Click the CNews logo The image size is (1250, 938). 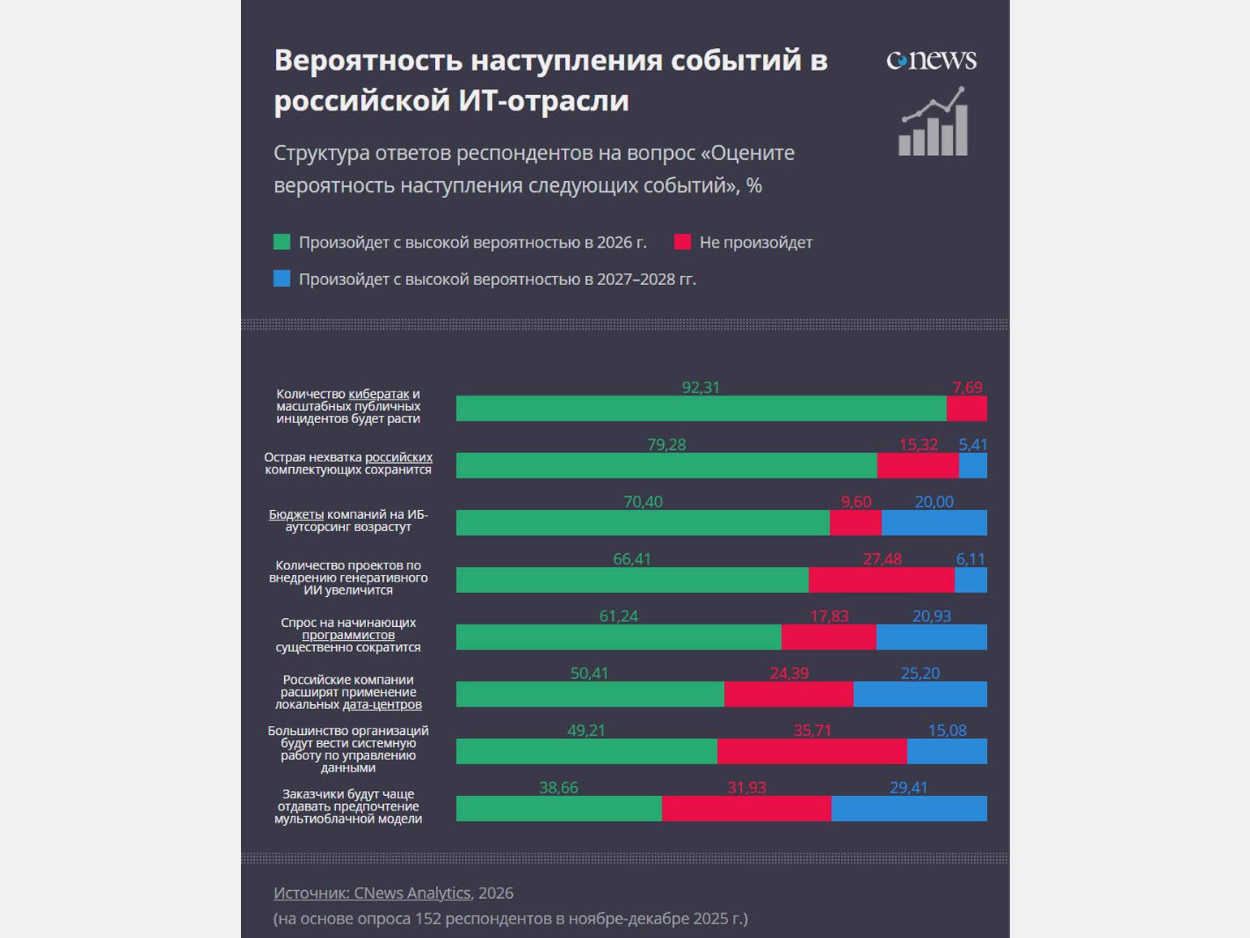pyautogui.click(x=931, y=60)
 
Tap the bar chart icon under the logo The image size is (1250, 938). pyautogui.click(x=933, y=123)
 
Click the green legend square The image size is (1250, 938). pyautogui.click(x=282, y=242)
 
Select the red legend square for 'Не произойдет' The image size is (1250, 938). pyautogui.click(x=683, y=242)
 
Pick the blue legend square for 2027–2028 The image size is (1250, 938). pyautogui.click(x=282, y=279)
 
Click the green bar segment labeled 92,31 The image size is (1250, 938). pyautogui.click(x=700, y=408)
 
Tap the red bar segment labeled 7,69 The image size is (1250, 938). pyautogui.click(x=967, y=408)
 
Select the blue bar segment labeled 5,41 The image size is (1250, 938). pyautogui.click(x=972, y=465)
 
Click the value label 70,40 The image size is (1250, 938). pyautogui.click(x=643, y=502)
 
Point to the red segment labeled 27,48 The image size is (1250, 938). pyautogui.click(x=881, y=580)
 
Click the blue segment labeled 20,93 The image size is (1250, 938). pyautogui.click(x=931, y=637)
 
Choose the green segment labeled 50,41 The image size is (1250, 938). pyautogui.click(x=589, y=694)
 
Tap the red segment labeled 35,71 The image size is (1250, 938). pyautogui.click(x=812, y=751)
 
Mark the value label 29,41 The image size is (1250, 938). pyautogui.click(x=908, y=788)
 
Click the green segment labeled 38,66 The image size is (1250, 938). pyautogui.click(x=558, y=809)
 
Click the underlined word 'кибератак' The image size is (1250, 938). pyautogui.click(x=378, y=394)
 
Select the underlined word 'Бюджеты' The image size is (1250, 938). pyautogui.click(x=296, y=514)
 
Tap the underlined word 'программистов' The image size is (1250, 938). pyautogui.click(x=348, y=635)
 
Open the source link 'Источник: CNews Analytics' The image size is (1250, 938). pyautogui.click(x=372, y=893)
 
